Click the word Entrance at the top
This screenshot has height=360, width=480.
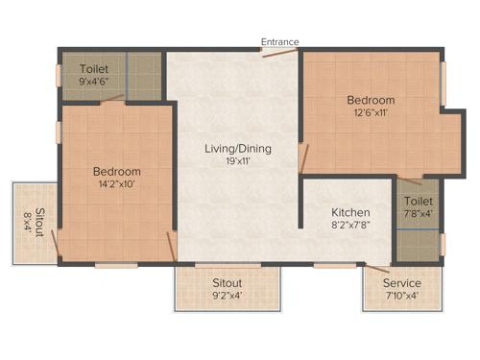coord(280,42)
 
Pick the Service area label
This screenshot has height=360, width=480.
coord(402,283)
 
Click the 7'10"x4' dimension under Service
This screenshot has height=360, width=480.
coord(402,297)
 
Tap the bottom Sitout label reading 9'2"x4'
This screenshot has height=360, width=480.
coord(227,283)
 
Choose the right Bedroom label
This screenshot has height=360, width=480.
coord(371,100)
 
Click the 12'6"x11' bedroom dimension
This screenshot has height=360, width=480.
coord(371,113)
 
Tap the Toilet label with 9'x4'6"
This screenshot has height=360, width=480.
coord(94,69)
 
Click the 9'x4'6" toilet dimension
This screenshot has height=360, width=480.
coord(94,83)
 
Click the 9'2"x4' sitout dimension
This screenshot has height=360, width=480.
coord(227,297)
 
